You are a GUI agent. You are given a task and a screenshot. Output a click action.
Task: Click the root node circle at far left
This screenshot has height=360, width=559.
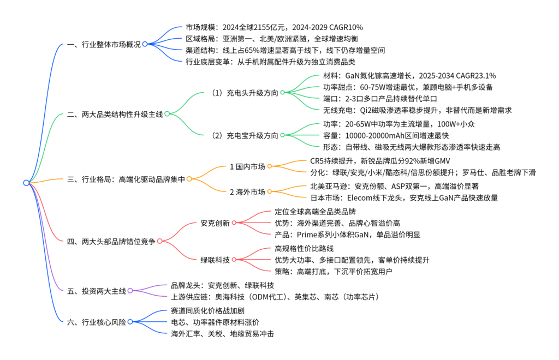click(26, 183)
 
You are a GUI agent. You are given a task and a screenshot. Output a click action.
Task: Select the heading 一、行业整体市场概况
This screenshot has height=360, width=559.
click(104, 45)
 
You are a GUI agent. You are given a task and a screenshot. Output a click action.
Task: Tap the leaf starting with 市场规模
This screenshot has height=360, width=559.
click(274, 27)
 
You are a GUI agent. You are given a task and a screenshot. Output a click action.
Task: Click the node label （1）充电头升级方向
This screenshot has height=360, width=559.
click(245, 93)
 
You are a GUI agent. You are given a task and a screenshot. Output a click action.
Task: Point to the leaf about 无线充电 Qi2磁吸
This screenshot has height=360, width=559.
click(417, 110)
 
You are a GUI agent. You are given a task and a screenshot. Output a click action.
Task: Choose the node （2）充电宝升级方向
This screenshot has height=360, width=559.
click(245, 136)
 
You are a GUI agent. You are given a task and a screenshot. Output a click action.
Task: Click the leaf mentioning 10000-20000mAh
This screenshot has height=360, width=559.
click(386, 136)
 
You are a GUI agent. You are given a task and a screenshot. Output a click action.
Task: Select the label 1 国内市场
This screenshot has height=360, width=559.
click(247, 167)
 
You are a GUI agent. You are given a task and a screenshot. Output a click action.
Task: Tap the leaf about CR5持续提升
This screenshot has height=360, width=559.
click(380, 161)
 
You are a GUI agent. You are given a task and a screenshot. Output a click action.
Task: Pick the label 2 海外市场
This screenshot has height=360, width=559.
click(247, 193)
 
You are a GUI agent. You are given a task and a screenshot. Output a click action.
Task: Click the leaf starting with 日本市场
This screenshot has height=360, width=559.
click(404, 198)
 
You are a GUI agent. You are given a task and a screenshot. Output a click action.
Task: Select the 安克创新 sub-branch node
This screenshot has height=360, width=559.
click(215, 223)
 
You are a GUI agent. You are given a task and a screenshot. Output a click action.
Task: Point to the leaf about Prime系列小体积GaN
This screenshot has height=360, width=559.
click(347, 235)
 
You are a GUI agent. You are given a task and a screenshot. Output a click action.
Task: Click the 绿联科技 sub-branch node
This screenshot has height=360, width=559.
click(215, 260)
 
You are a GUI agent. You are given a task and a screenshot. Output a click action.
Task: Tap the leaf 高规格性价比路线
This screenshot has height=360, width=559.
click(304, 249)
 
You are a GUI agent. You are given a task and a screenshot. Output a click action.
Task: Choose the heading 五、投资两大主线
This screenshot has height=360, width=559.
click(97, 291)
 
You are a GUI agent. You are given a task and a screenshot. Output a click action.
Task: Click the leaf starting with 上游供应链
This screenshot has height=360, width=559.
click(275, 297)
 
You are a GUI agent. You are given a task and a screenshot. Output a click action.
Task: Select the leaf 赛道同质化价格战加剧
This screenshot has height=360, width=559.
click(207, 311)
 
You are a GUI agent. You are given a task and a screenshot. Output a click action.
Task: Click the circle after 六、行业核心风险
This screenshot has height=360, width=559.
click(130, 322)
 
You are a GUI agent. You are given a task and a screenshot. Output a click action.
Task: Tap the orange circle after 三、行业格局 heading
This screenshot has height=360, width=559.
click(189, 179)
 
